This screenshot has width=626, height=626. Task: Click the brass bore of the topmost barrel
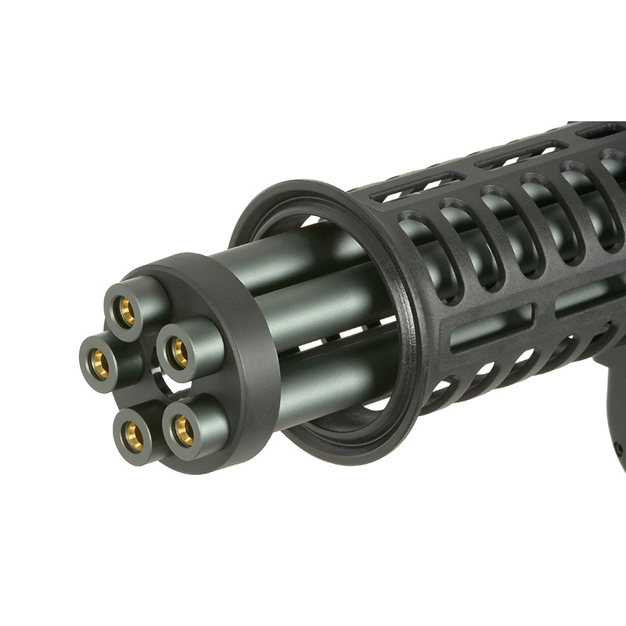coord(126,312)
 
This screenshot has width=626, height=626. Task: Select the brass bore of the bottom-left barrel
coord(134,435)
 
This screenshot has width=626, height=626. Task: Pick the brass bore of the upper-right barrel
coord(179,352)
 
